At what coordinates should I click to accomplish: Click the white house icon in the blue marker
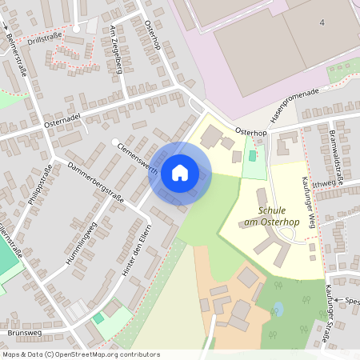pos(180,172)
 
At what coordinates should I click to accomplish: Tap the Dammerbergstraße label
pos(96,183)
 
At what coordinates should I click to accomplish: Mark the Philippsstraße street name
pos(39,185)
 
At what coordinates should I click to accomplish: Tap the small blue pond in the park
pos(278,308)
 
